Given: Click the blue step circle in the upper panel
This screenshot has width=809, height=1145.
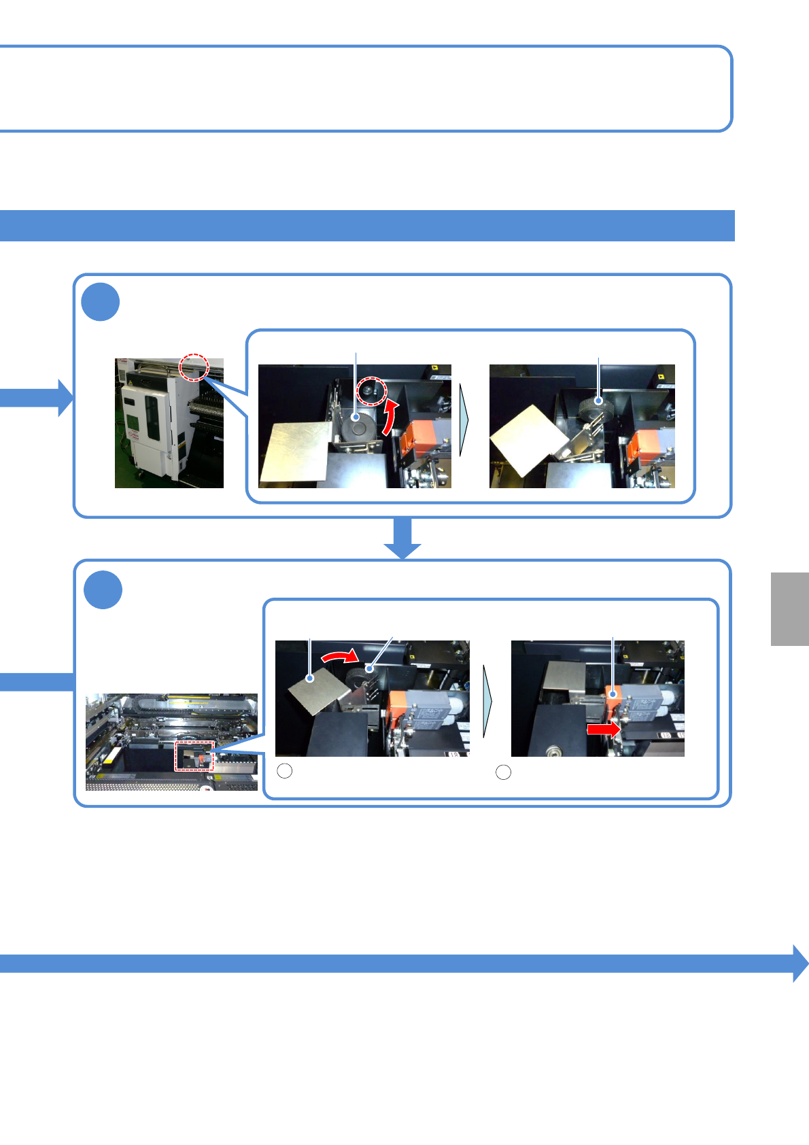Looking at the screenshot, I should pos(101,302).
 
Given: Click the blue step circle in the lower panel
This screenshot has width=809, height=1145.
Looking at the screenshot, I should pos(103,589).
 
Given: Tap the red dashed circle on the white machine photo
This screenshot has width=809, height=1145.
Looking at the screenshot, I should pos(194,367).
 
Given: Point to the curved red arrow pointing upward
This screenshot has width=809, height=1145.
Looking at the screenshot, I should pos(389,417).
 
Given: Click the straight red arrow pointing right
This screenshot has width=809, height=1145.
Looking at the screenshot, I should pos(603,730).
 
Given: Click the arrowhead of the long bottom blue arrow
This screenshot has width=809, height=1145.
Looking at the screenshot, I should pos(800,963).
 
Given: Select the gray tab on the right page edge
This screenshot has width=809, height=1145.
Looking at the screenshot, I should pos(790,609).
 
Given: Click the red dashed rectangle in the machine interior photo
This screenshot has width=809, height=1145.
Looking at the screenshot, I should pos(194,755).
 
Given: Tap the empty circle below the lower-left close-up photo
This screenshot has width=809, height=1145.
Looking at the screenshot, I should pos(286,771).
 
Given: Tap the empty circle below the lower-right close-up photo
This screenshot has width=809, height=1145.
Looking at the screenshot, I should pos(504,772).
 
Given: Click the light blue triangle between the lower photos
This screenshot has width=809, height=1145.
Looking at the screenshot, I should pos(487,701).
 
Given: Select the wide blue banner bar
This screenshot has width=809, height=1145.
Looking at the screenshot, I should pos(367,226).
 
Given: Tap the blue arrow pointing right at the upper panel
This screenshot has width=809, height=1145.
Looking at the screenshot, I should pos(37,397).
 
